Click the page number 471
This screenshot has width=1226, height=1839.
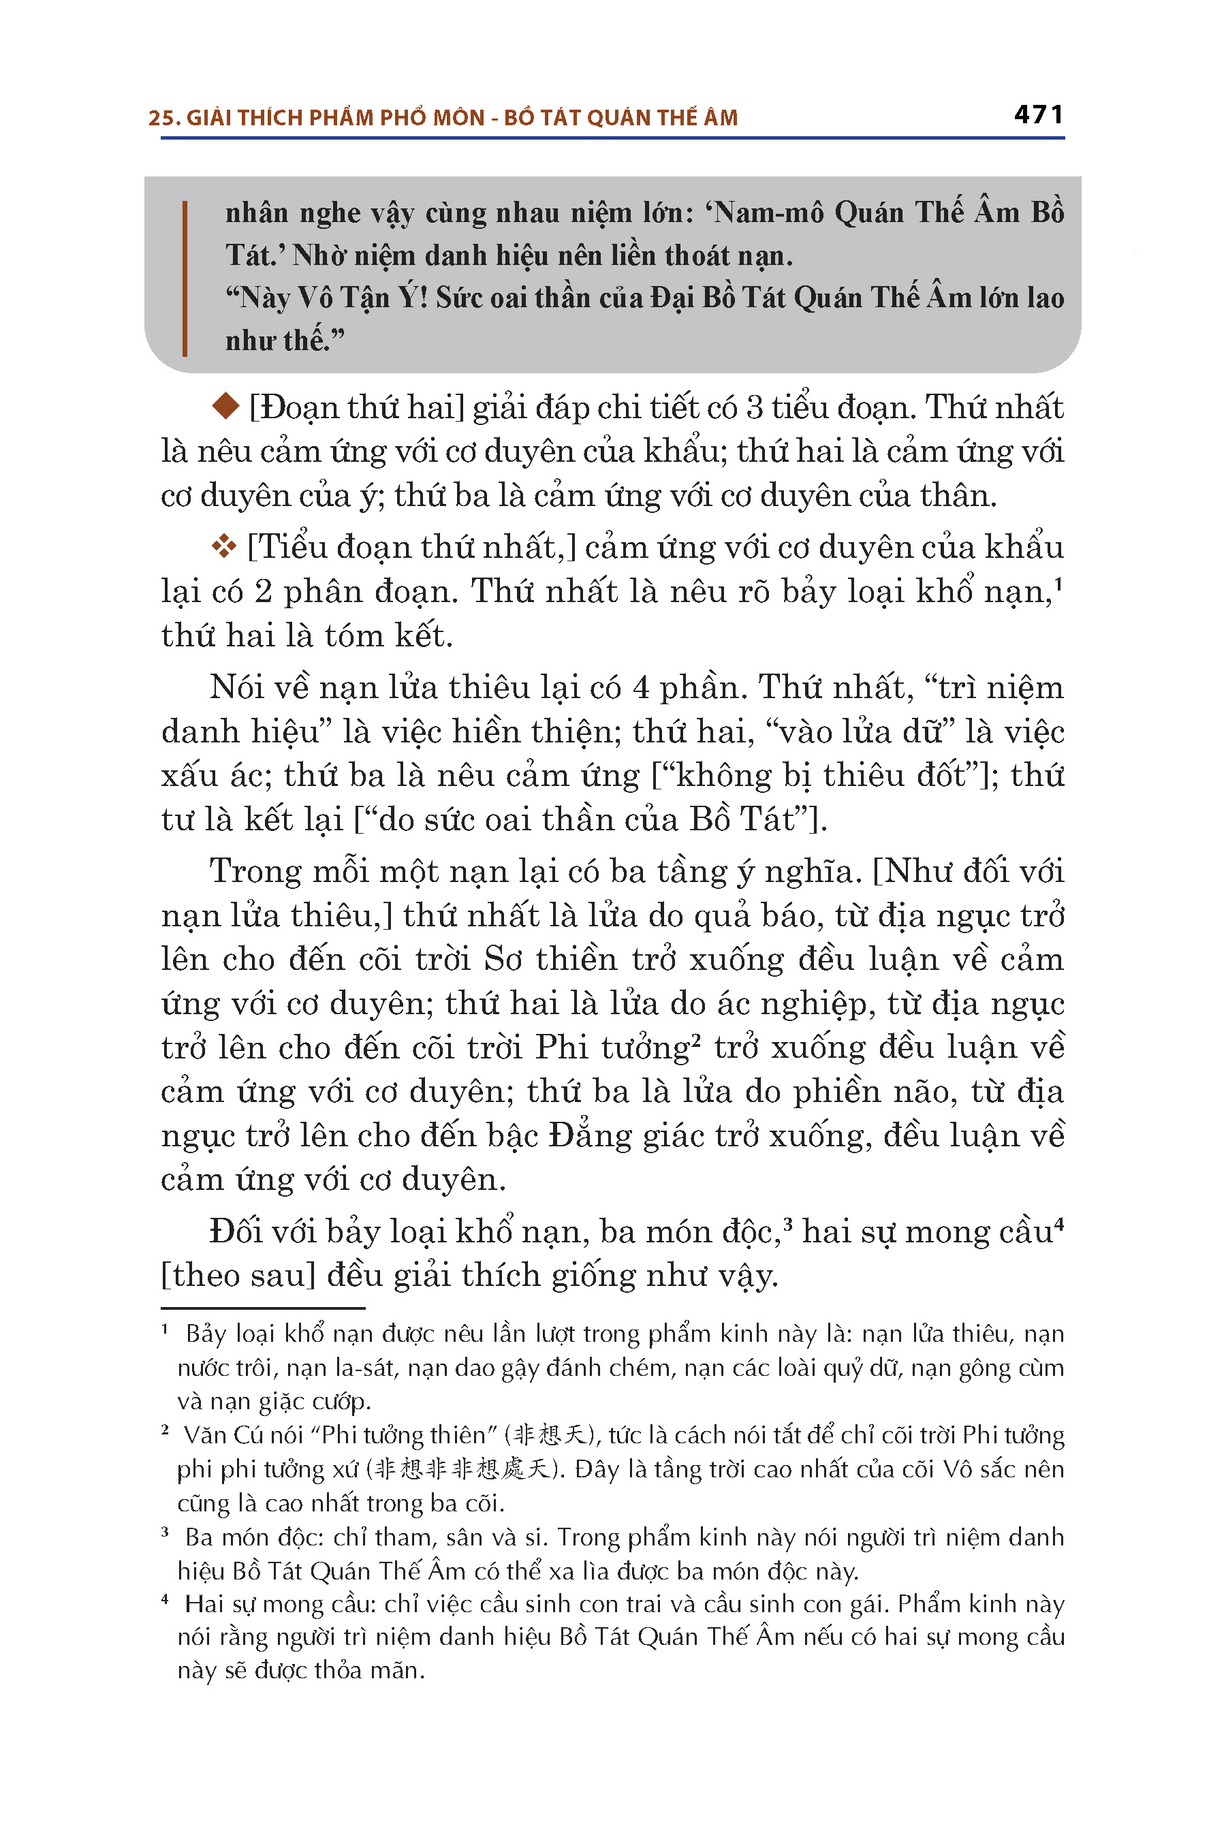tap(1038, 115)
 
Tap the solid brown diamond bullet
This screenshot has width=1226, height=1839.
tap(226, 406)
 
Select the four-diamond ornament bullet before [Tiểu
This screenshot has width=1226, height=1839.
tap(224, 546)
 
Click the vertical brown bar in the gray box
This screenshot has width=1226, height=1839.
tap(185, 279)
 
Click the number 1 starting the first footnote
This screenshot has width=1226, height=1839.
tap(165, 1330)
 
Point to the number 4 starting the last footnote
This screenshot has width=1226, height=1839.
tap(165, 1601)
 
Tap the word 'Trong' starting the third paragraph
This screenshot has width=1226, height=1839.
tap(255, 872)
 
